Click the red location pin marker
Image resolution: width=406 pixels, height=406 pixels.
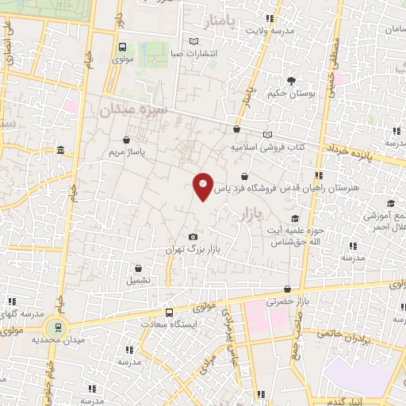pyautogui.click(x=204, y=186)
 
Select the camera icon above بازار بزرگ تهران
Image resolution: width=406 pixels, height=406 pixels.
pyautogui.click(x=193, y=237)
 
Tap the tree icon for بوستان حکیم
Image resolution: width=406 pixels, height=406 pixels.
pyautogui.click(x=291, y=81)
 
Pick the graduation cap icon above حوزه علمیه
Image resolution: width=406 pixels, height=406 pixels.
pyautogui.click(x=295, y=219)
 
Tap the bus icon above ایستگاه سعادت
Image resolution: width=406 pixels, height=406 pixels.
pyautogui.click(x=169, y=312)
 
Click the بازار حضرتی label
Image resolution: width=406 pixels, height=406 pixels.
pyautogui.click(x=285, y=302)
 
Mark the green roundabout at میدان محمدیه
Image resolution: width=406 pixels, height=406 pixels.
pyautogui.click(x=55, y=327)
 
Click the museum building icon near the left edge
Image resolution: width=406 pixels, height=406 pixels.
pyautogui.click(x=61, y=151)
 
